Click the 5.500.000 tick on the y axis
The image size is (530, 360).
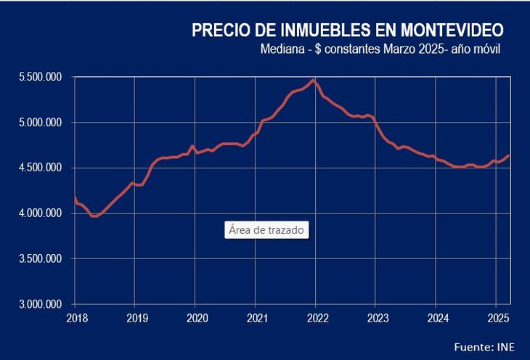(41, 77)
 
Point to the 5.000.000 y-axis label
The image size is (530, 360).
(41, 123)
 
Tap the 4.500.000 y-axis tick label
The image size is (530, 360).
(41, 168)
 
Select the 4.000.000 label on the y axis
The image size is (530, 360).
(41, 213)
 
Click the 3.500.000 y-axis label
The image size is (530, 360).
(41, 258)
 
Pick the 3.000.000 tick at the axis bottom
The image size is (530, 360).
(41, 304)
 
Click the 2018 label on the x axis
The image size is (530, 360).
(76, 317)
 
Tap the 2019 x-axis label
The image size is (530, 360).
(136, 317)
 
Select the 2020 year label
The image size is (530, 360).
(196, 317)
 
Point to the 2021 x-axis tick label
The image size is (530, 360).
(256, 317)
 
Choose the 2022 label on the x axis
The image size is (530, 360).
(317, 317)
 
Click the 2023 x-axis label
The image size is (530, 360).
(377, 317)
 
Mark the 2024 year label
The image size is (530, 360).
(437, 317)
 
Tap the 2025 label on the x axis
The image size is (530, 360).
(496, 317)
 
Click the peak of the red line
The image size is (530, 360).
(313, 79)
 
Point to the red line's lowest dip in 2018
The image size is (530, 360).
(94, 216)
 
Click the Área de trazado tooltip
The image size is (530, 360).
(267, 230)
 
